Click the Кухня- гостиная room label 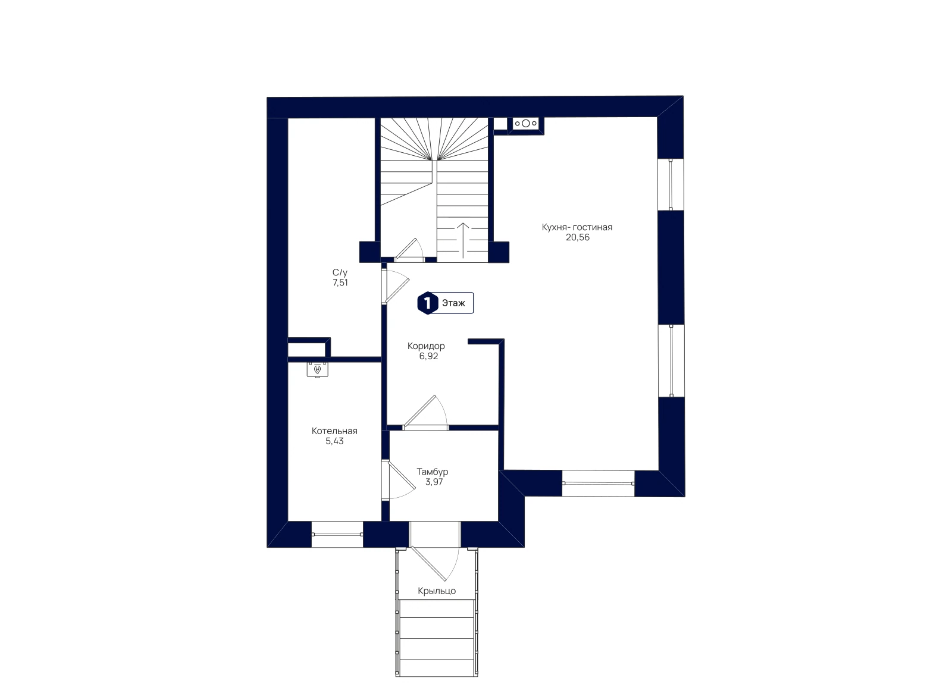point(577,227)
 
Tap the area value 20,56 point(578,237)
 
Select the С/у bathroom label point(340,273)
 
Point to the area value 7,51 point(340,283)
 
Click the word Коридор point(426,346)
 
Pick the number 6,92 point(429,356)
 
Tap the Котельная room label point(334,431)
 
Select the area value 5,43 point(334,441)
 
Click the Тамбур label point(433,472)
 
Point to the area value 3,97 point(434,482)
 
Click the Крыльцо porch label point(437,591)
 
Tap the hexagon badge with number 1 point(428,303)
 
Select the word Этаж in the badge point(453,303)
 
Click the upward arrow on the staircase point(463,240)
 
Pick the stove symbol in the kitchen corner point(526,124)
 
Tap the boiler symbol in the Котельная point(318,369)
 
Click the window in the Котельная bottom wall point(337,534)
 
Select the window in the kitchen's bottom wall point(599,483)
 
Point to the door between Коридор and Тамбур point(425,412)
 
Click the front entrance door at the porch point(434,564)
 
